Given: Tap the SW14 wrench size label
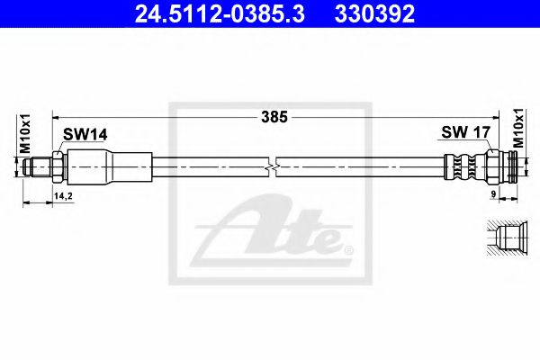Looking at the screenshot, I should coord(85,134).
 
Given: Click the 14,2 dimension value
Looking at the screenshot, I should coord(64,194).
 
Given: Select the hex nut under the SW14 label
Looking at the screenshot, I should coord(57,166).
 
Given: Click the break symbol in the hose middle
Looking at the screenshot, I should coord(273,166).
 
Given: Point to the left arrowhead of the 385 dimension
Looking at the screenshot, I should coord(56,116).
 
